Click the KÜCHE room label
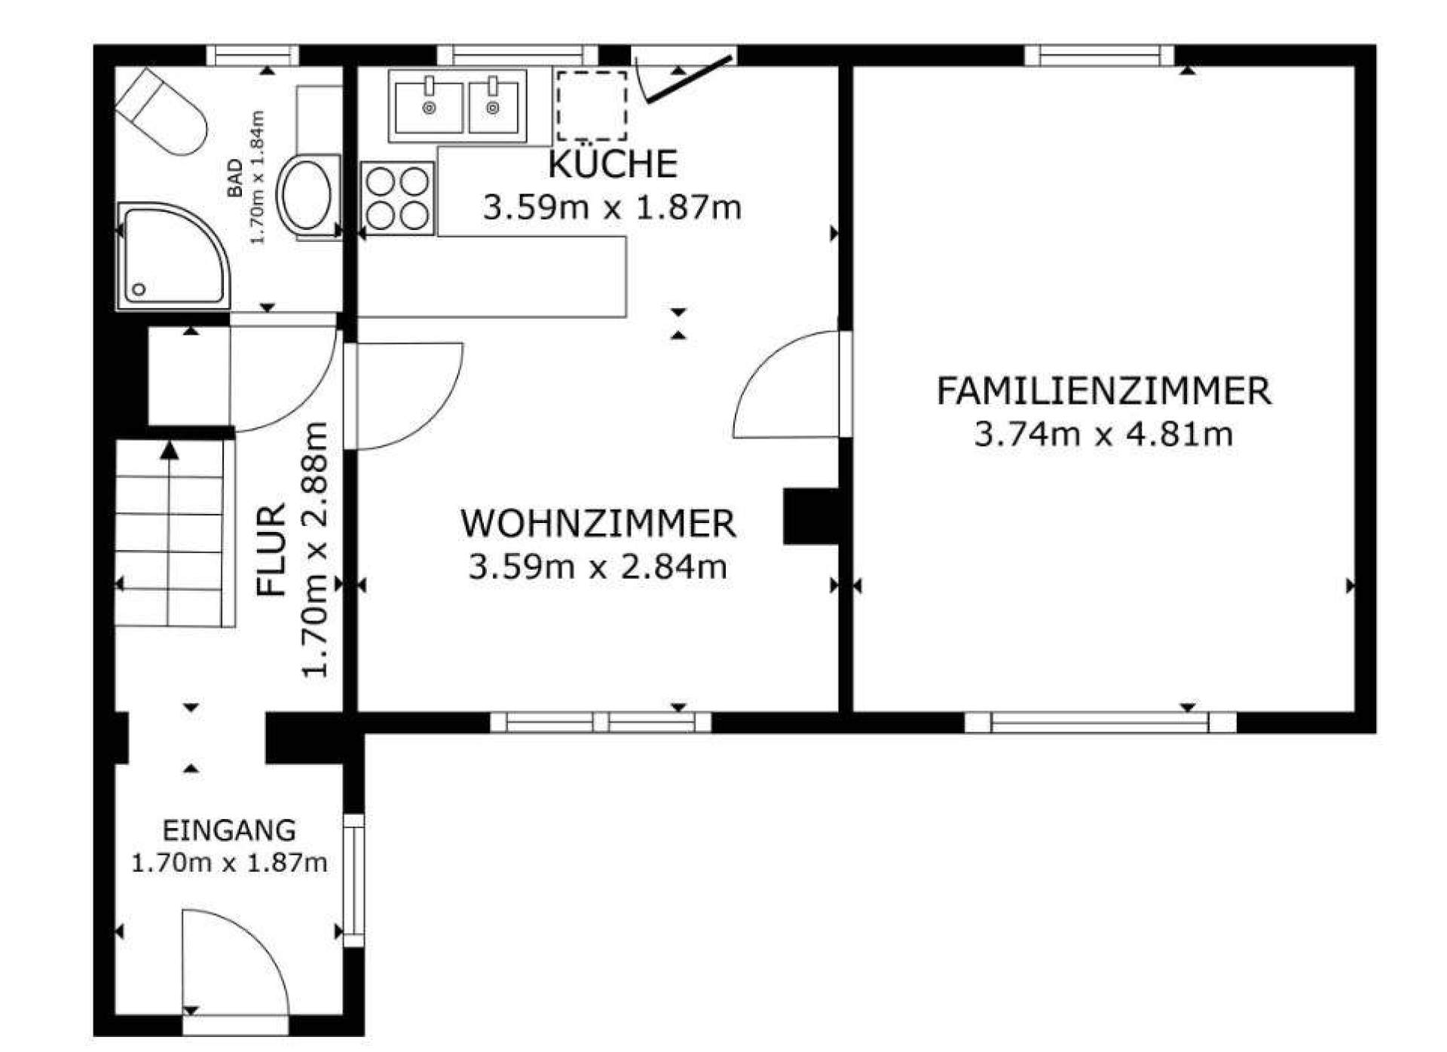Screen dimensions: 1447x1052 coord(613,164)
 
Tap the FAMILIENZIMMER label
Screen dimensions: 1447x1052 coord(1103,392)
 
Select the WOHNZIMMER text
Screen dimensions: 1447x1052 coord(598,524)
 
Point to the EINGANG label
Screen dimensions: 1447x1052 coord(229,830)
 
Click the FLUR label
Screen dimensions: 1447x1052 coord(272,550)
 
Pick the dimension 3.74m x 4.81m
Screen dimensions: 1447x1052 coord(1103,435)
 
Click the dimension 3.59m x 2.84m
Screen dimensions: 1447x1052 coord(598,567)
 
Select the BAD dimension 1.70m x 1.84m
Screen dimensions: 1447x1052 coord(257,177)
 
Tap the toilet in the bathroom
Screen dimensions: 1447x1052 coord(161,112)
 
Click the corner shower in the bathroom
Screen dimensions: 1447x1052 coord(173,256)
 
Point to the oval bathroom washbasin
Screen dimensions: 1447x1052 coord(307,194)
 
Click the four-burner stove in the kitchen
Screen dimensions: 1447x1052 coord(397,198)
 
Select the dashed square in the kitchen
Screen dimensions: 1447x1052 coord(592,106)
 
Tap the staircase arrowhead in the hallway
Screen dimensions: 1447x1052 coord(170,451)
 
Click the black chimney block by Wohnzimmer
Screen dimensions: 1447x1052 coord(812,516)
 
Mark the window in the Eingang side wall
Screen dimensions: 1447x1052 coord(353,880)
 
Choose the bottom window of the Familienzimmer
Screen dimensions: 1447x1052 coord(1100,722)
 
